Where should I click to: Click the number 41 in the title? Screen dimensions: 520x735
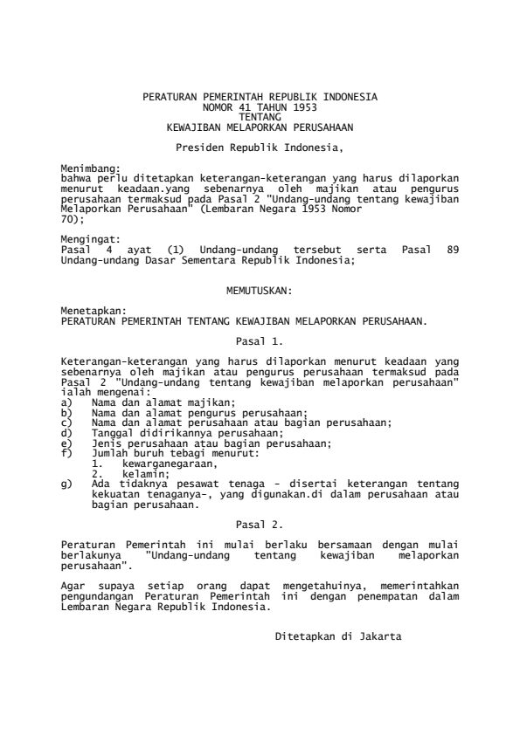pyautogui.click(x=232, y=107)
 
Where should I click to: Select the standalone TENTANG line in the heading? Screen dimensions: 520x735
pyautogui.click(x=260, y=117)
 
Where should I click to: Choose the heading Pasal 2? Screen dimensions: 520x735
pyautogui.click(x=260, y=525)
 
